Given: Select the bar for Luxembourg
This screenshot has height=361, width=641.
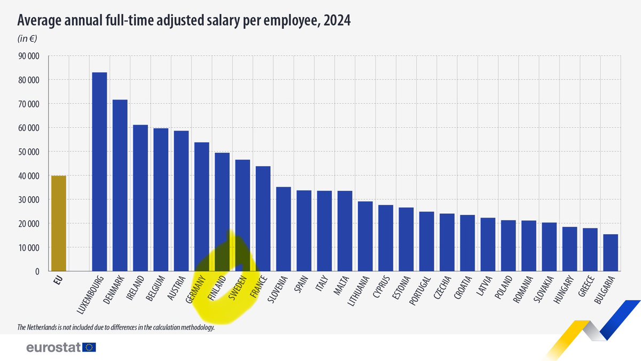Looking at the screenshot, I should pos(99,172).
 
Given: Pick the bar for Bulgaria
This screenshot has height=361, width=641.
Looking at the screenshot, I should pos(611,253).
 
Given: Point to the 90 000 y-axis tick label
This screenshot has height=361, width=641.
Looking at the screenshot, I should pos(29,56).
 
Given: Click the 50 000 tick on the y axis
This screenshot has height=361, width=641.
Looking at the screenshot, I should pos(29,152).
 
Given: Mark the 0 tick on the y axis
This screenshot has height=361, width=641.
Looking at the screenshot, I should pos(37,272).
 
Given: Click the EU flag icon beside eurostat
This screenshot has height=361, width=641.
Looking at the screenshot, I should pos(89,348).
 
